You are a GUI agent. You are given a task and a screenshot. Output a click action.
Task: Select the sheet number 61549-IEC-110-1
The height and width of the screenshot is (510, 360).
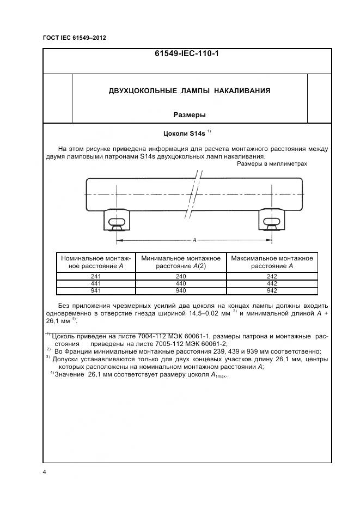(x=187, y=54)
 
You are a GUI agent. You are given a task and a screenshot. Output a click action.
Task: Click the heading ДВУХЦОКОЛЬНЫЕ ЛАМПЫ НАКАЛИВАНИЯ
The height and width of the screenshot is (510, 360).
(x=190, y=90)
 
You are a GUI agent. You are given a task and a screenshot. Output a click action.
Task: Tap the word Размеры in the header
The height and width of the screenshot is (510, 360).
(x=190, y=115)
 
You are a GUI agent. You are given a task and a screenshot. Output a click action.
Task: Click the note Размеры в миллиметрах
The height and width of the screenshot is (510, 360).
(x=272, y=163)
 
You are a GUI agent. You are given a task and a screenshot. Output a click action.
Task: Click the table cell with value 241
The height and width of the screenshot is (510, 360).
(x=96, y=276)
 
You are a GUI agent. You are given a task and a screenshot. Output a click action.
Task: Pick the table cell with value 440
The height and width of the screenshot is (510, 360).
(x=180, y=283)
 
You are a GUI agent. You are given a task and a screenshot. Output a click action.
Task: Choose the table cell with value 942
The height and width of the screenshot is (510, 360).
(x=272, y=291)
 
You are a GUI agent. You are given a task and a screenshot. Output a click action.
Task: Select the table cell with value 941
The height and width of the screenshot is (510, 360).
(x=96, y=291)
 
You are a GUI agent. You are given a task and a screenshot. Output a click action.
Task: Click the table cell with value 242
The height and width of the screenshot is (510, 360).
(x=272, y=276)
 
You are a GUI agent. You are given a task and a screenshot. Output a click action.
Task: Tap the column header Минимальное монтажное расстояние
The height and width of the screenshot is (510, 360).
(x=180, y=262)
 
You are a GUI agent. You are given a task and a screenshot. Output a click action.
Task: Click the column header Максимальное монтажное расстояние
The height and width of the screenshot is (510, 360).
(x=272, y=262)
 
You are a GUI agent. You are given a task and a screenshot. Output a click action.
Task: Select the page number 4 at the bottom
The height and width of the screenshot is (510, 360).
(x=45, y=472)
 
